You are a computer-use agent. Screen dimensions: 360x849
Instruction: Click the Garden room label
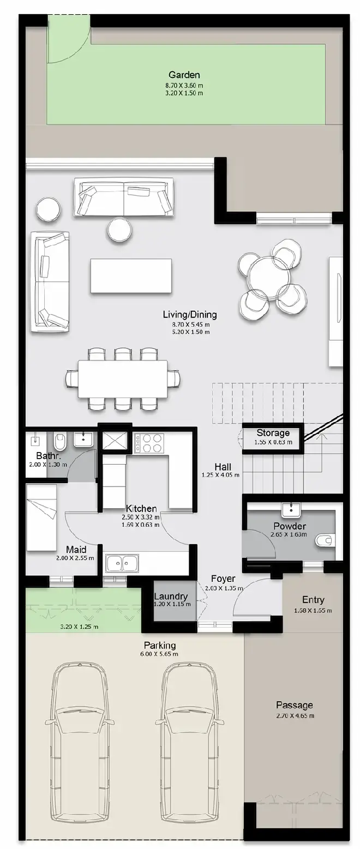184,75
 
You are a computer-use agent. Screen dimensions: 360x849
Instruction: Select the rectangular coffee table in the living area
131,275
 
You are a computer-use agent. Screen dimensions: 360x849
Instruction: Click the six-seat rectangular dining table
123,378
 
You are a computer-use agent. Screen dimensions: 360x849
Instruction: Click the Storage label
273,432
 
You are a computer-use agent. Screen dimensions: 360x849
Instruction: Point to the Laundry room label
171,596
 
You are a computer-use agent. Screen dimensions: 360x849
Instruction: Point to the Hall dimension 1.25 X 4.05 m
221,474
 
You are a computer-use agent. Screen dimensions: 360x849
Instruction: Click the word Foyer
223,579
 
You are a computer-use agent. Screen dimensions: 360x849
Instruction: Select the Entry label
313,600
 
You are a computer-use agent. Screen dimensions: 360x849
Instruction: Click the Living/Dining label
190,314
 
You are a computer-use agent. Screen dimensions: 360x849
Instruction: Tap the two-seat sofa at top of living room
124,197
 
